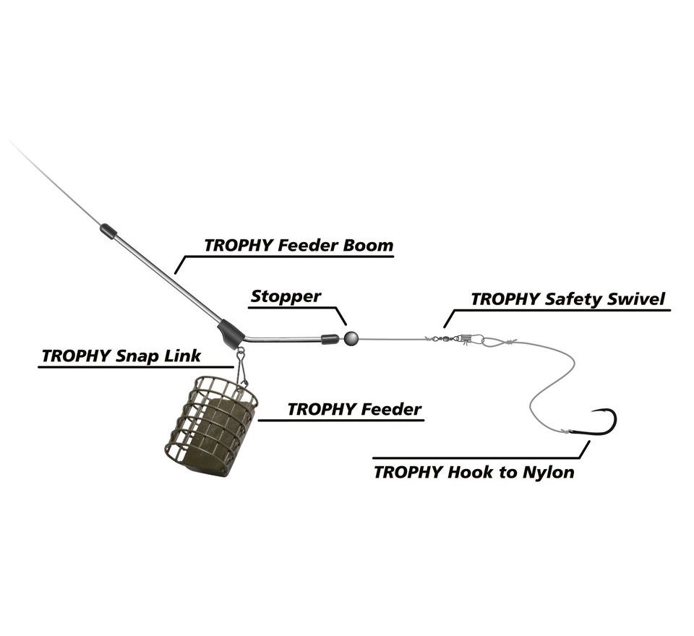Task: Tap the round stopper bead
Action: pos(351,338)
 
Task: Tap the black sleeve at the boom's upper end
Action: pos(108,231)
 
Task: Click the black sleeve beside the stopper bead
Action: pos(330,338)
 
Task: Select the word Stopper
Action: pos(286,296)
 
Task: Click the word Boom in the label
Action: pos(368,245)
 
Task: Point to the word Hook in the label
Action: pos(470,473)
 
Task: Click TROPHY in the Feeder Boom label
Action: pos(238,245)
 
